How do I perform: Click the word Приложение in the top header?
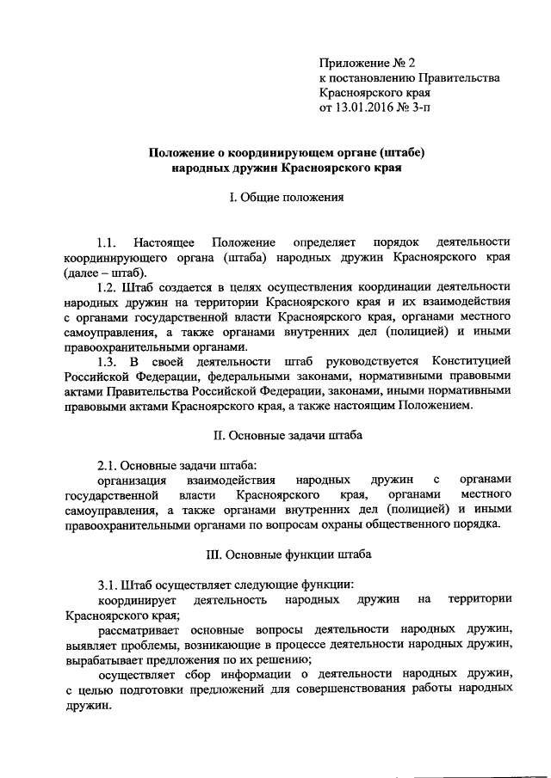point(350,63)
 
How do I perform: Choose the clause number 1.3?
point(107,361)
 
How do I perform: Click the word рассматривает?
point(140,628)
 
